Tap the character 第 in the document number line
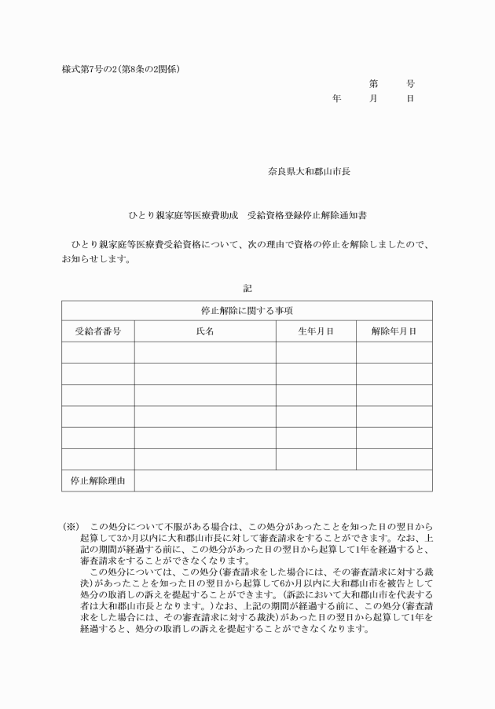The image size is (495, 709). tap(373, 83)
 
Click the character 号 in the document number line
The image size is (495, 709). tap(410, 83)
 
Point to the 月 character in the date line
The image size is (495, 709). tap(373, 99)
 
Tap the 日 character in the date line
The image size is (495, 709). tap(410, 99)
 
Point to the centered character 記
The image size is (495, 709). tap(247, 288)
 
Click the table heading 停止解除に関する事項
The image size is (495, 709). tap(247, 311)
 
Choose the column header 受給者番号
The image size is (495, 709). tap(97, 331)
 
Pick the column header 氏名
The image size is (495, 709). tap(204, 331)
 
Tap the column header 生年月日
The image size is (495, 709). tap(315, 331)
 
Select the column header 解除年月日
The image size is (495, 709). tap(394, 331)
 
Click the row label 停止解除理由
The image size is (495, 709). tap(97, 480)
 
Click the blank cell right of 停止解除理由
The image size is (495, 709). tap(283, 480)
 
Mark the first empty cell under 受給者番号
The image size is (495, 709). tap(97, 353)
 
